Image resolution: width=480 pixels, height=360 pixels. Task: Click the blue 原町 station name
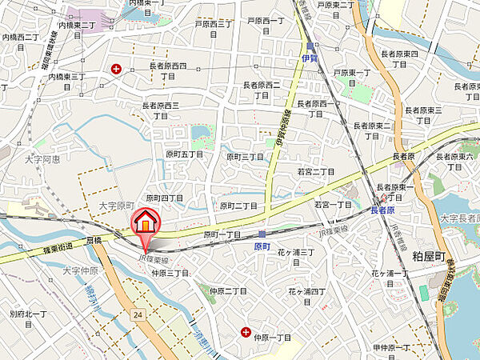263,247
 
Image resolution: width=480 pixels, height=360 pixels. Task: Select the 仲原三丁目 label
170,273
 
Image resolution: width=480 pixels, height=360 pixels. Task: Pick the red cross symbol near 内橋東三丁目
118,70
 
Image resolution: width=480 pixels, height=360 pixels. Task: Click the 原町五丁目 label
185,154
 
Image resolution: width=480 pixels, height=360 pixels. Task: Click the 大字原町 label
114,206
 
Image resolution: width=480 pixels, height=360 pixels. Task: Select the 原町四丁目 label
165,198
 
